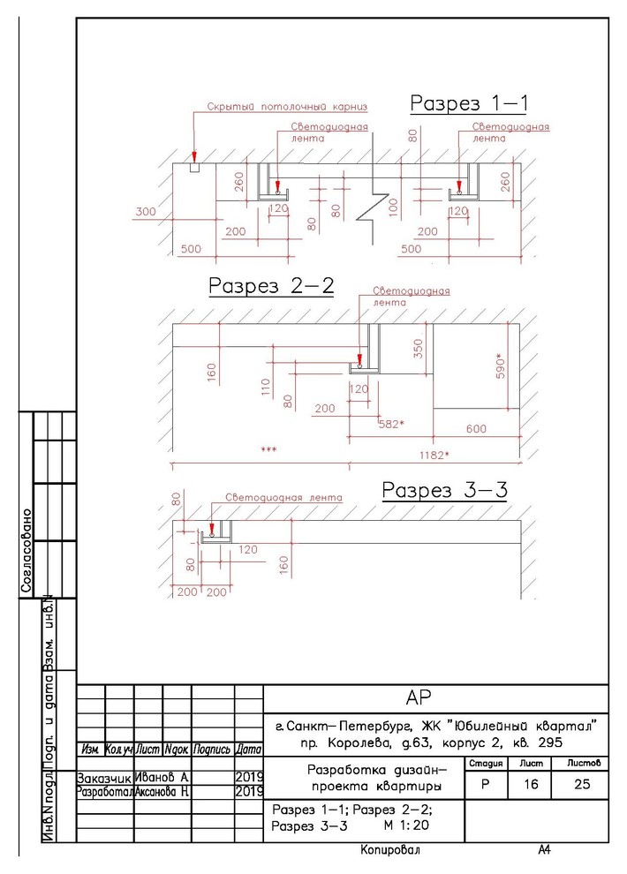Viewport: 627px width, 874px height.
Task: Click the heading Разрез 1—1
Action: tap(469, 103)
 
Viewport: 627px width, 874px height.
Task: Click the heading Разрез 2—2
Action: tap(271, 285)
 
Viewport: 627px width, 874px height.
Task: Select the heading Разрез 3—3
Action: tap(445, 490)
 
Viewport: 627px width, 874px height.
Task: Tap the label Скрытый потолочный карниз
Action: tap(287, 107)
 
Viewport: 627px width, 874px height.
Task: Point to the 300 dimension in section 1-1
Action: tap(146, 211)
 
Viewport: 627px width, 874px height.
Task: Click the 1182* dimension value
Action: tap(434, 455)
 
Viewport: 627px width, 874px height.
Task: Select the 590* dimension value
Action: tap(501, 366)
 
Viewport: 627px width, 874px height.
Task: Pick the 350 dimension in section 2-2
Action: tap(419, 349)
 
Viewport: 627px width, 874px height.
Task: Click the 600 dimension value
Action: tap(476, 429)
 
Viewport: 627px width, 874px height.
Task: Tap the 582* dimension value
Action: tap(391, 424)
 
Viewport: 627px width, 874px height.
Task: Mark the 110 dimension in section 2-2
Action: tap(265, 387)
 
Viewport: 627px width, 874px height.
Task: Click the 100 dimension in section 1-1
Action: tap(394, 207)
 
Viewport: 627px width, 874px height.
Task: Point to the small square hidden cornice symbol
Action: tap(194, 168)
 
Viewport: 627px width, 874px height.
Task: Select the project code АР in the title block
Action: tap(419, 697)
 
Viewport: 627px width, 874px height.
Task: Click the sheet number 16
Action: tap(531, 784)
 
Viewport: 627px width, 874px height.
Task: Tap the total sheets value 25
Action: tap(582, 784)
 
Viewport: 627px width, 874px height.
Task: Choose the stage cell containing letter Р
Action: tap(486, 784)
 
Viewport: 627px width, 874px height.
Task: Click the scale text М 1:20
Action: tap(406, 825)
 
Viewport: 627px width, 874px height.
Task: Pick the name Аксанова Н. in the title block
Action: tap(162, 792)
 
